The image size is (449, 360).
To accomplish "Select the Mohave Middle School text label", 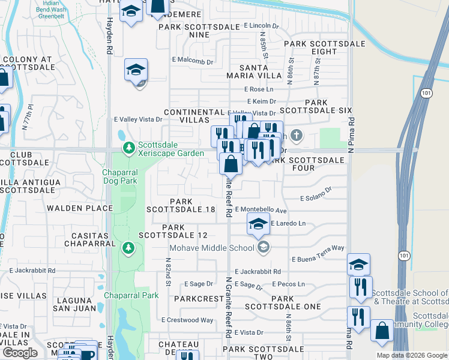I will click(x=211, y=247).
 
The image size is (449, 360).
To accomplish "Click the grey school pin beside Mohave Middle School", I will click(x=263, y=247).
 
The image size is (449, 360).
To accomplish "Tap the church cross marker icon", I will click(x=296, y=134).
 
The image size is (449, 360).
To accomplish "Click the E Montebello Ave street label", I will click(x=261, y=210).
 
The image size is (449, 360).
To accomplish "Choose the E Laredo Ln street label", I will click(x=288, y=223).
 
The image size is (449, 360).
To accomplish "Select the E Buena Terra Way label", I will click(x=318, y=259).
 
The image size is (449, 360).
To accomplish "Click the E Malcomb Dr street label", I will click(x=193, y=61).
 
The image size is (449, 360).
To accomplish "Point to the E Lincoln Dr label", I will click(x=262, y=26).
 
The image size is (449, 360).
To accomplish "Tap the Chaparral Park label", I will click(x=131, y=295).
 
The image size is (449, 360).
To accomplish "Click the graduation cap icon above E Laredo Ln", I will click(x=259, y=224).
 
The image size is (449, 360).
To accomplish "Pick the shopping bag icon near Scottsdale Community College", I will click(x=382, y=331).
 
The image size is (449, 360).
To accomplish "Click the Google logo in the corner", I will click(x=19, y=353).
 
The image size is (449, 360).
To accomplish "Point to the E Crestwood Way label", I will click(x=187, y=320).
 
